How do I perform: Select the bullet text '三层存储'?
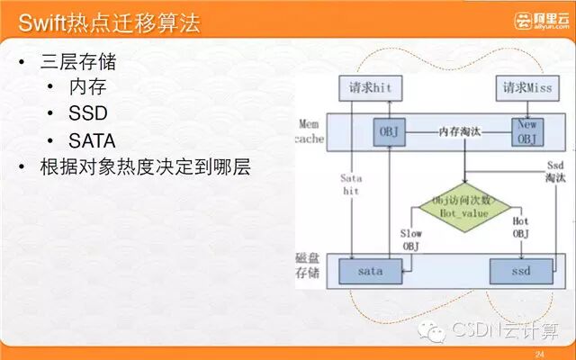pyautogui.click(x=77, y=64)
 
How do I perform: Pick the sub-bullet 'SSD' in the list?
pyautogui.click(x=87, y=115)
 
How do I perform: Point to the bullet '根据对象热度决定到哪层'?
pyautogui.click(x=144, y=167)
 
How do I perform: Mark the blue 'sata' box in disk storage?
pyautogui.click(x=370, y=271)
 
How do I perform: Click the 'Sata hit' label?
pyautogui.click(x=351, y=184)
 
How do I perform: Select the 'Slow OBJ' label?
pyautogui.click(x=409, y=239)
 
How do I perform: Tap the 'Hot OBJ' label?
pyautogui.click(x=521, y=226)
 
